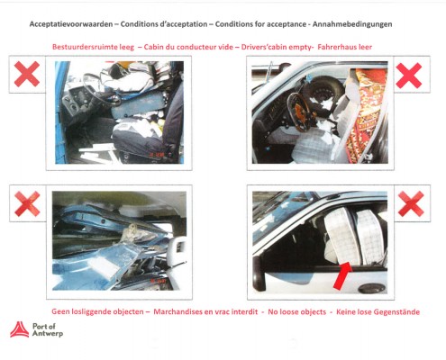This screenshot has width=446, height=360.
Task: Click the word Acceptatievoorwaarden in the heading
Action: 71,24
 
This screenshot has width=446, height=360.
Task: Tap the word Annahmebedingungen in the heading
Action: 352,24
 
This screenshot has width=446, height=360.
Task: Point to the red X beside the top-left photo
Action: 27,74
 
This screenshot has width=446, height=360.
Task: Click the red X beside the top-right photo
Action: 409,76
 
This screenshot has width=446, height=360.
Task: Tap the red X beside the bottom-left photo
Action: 27,203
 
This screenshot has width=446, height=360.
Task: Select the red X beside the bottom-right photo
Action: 411,203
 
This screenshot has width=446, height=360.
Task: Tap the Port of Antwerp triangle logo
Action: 20,329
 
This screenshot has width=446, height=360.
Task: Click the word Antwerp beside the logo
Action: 48,334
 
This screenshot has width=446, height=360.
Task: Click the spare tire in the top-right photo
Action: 326,92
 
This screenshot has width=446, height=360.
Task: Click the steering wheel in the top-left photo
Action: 101,89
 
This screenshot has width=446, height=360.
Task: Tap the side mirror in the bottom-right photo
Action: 259,274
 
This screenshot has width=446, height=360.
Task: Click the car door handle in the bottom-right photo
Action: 372,288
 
